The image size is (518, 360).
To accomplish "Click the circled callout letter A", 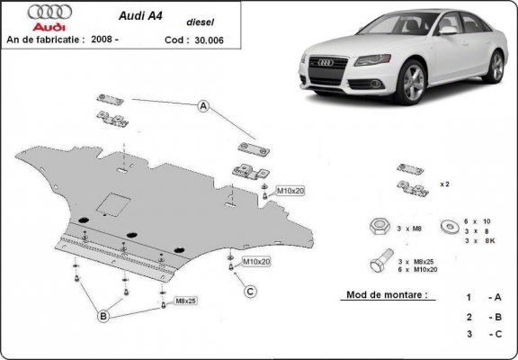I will [x=203, y=107].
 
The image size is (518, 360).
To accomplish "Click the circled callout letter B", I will [x=103, y=316].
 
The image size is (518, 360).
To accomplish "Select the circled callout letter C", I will [x=251, y=290].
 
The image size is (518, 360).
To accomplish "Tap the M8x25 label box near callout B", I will [x=187, y=300].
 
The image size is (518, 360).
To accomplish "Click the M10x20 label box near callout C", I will [x=256, y=261].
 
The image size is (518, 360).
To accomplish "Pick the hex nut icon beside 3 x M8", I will [x=376, y=226].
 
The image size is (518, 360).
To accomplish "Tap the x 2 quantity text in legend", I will [x=443, y=183].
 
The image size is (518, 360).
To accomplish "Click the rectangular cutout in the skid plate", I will [x=112, y=204].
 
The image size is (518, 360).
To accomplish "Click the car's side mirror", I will [x=447, y=30].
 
